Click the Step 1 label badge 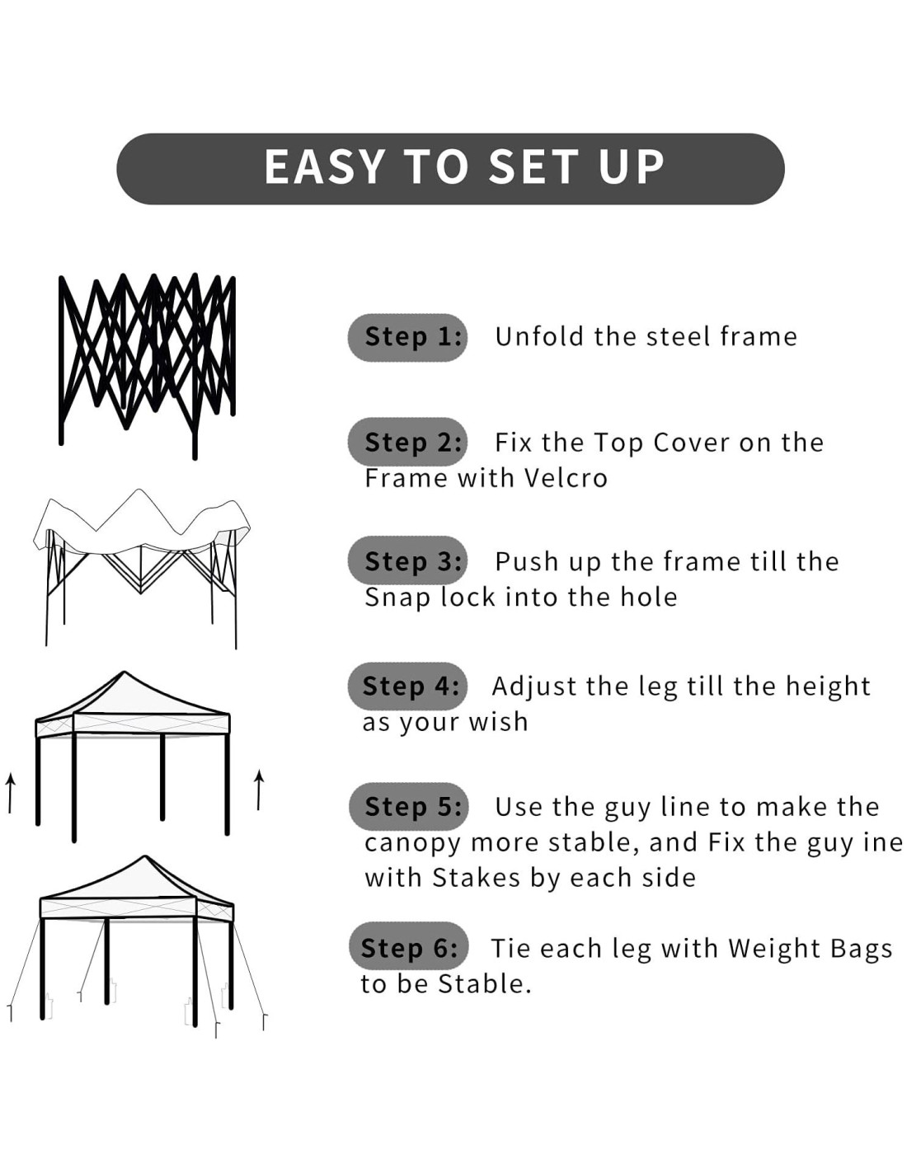pos(407,337)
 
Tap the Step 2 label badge pos(407,442)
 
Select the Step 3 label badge pos(407,560)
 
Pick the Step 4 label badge pos(407,686)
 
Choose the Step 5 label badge pos(408,806)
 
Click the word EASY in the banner pos(325,166)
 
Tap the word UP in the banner pos(630,166)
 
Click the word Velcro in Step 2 pos(566,478)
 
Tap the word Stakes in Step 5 pos(477,878)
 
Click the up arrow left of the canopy pos(10,792)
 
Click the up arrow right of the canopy pos(259,790)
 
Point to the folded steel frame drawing pos(148,366)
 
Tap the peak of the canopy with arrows pos(125,673)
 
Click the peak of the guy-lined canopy pos(144,856)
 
